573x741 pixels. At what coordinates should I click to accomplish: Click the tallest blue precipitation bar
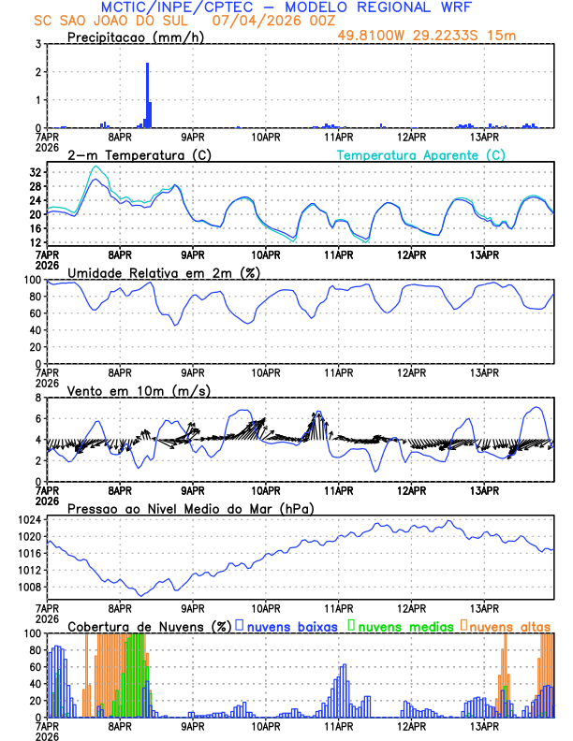tap(147, 94)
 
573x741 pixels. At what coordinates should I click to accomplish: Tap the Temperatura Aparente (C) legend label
tap(421, 154)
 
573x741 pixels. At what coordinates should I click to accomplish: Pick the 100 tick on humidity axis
tap(31, 280)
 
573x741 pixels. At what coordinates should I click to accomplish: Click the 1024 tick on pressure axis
tap(27, 519)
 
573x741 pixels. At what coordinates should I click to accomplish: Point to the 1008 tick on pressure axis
tap(27, 588)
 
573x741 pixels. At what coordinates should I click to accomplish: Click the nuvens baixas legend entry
tap(291, 626)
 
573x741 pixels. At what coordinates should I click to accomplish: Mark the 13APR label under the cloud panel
tap(484, 726)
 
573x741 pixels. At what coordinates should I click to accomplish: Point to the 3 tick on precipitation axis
tap(38, 44)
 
